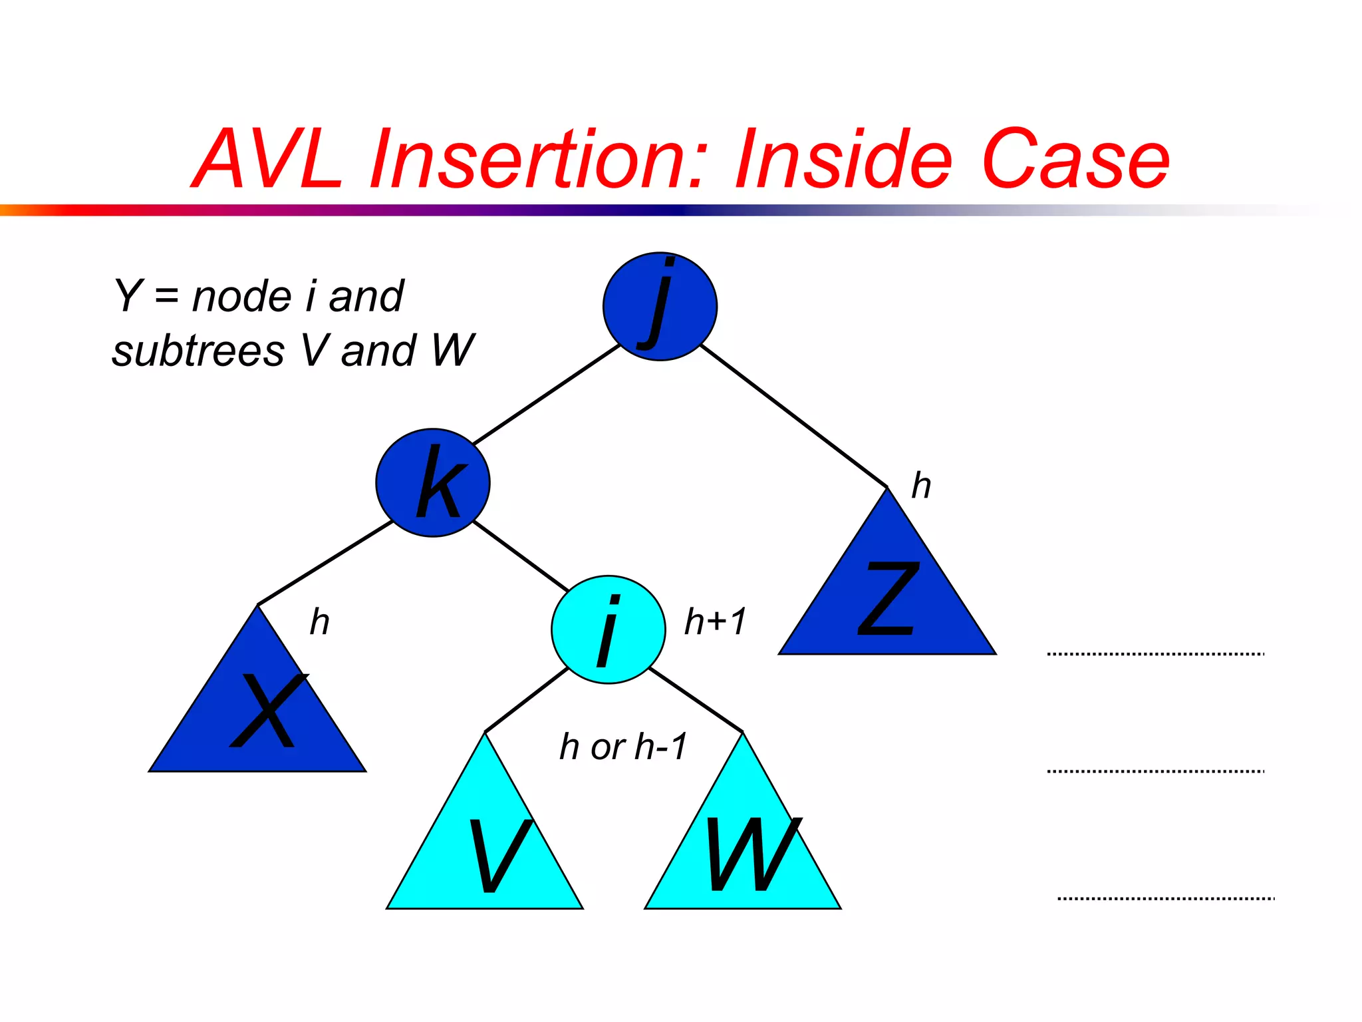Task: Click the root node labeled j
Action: pyautogui.click(x=660, y=307)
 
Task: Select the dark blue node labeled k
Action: pyautogui.click(x=433, y=482)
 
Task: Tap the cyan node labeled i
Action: pyautogui.click(x=608, y=629)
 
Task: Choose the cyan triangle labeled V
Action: pyautogui.click(x=485, y=852)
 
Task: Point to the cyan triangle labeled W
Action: pyautogui.click(x=743, y=852)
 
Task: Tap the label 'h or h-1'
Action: pyautogui.click(x=623, y=746)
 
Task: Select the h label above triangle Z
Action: pyautogui.click(x=921, y=485)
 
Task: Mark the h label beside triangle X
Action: pyautogui.click(x=320, y=621)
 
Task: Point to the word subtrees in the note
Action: pyautogui.click(x=198, y=351)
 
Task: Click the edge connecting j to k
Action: pyautogui.click(x=547, y=394)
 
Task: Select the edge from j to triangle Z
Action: pyautogui.click(x=794, y=417)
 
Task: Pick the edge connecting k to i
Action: pyautogui.click(x=521, y=556)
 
